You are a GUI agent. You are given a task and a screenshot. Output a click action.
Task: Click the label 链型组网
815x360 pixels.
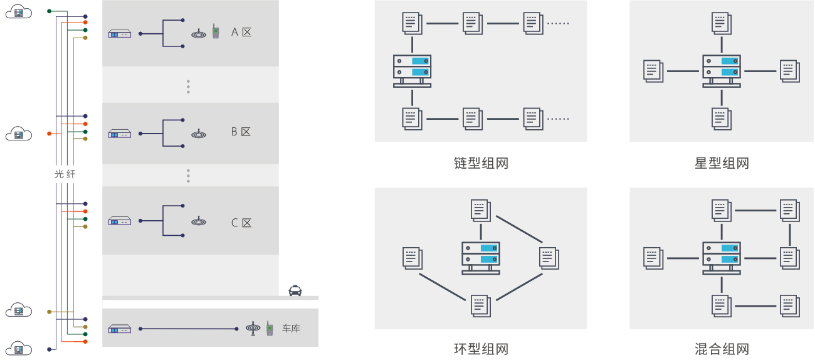481,164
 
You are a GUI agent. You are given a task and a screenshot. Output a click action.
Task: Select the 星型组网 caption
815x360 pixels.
722,164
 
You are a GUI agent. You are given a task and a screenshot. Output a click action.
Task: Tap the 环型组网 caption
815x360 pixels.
481,349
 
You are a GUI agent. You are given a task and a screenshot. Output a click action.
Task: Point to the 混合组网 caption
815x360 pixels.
722,349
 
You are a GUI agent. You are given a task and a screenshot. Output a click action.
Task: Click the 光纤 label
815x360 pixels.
65,174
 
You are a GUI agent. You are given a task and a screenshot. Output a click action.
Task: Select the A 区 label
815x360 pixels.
241,32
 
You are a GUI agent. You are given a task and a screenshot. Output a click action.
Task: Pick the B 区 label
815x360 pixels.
241,132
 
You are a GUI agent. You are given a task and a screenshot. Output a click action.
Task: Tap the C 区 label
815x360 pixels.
241,223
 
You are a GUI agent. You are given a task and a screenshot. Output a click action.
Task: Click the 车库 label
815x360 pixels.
291,328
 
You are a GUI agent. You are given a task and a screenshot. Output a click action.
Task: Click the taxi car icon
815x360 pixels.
295,290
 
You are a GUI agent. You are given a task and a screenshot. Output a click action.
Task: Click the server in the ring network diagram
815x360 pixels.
481,257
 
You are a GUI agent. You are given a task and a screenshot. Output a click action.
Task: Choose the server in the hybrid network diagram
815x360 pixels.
722,257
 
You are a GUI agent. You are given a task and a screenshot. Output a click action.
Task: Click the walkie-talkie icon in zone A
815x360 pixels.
215,32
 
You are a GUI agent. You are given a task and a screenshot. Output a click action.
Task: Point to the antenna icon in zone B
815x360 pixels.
199,133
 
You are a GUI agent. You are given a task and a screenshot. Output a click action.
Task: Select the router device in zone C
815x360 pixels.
120,221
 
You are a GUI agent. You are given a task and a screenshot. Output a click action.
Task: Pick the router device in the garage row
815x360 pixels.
120,329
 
